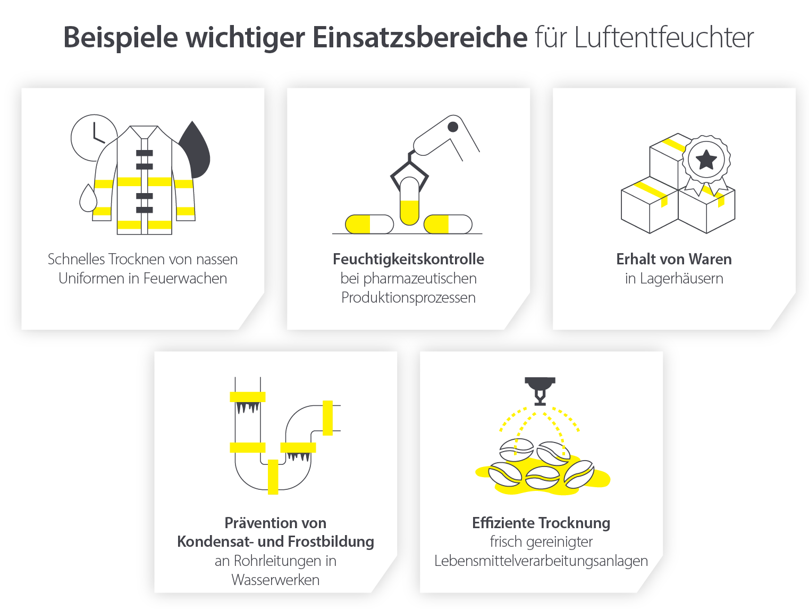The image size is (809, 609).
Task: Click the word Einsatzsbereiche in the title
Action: [419, 38]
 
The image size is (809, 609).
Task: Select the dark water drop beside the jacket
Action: [195, 152]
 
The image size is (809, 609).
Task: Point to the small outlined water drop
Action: [88, 199]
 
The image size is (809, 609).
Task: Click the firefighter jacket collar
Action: [144, 132]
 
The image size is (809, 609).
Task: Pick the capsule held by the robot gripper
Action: [409, 201]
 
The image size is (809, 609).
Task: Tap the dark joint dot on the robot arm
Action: [453, 127]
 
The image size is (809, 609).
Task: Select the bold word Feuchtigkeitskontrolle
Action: [408, 260]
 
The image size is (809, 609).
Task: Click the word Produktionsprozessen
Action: [408, 298]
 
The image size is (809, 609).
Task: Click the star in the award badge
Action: [706, 159]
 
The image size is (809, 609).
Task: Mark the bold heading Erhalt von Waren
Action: [674, 260]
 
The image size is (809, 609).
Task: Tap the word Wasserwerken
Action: [275, 580]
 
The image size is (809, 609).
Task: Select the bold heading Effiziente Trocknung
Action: [541, 523]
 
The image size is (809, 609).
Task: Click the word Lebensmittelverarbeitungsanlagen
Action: [541, 561]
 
